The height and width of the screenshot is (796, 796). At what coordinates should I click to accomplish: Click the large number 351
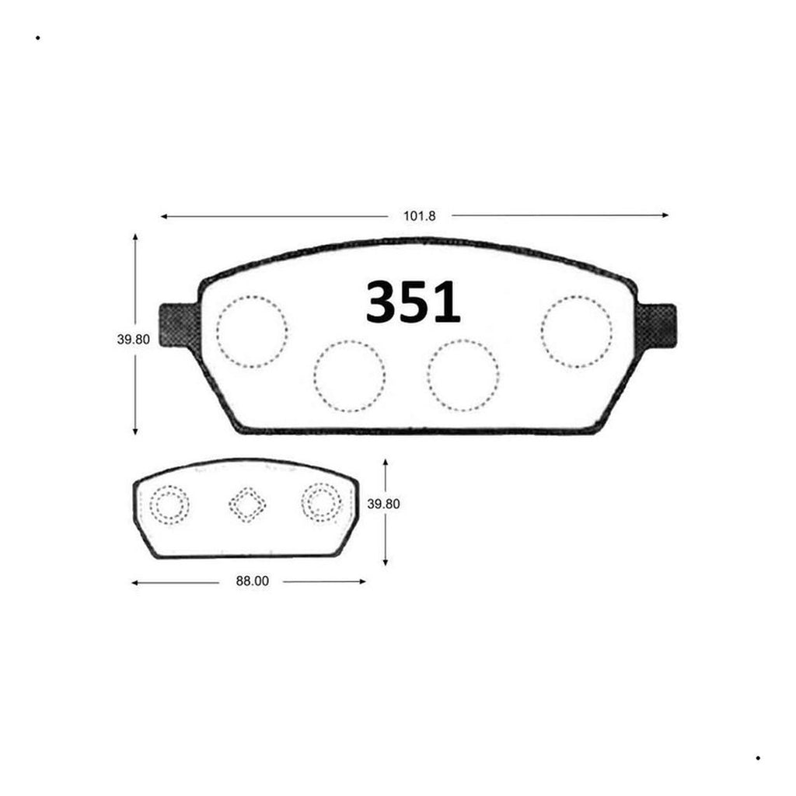[x=413, y=302]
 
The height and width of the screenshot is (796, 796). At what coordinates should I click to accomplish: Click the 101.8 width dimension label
[x=419, y=216]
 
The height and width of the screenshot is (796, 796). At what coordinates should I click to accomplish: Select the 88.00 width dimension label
[x=253, y=581]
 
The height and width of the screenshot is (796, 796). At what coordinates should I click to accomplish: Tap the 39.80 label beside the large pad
[x=133, y=340]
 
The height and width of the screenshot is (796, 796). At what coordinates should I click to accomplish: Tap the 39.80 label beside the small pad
[x=383, y=504]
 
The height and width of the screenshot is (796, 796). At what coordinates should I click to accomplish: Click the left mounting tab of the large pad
[x=178, y=326]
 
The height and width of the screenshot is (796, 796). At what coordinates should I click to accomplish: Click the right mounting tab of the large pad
[x=657, y=326]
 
